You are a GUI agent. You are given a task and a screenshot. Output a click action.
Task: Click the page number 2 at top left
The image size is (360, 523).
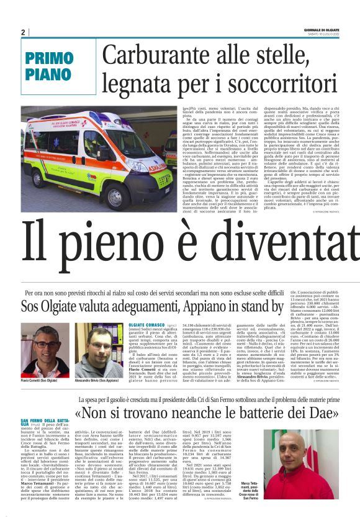click(23, 32)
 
